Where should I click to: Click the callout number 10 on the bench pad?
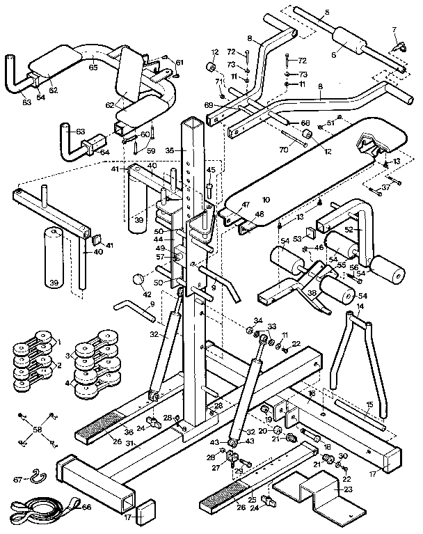[265, 199]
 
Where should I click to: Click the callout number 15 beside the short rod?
[370, 405]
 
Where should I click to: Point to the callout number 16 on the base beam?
[312, 394]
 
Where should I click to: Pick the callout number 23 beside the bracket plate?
[348, 489]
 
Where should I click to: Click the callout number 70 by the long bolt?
[284, 149]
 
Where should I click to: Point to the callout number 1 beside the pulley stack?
[60, 342]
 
